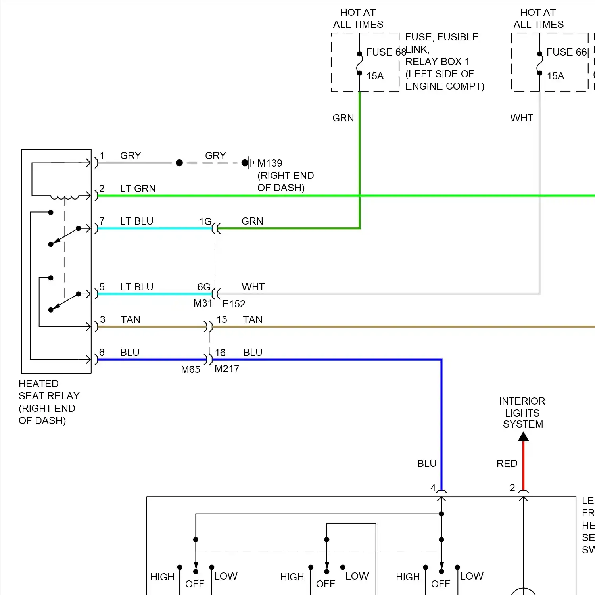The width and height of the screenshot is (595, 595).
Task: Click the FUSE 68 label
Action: coord(386,52)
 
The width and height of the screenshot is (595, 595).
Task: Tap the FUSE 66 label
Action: coord(566,52)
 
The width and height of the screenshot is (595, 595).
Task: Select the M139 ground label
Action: coord(270,163)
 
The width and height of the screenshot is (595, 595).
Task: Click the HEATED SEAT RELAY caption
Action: coord(49,402)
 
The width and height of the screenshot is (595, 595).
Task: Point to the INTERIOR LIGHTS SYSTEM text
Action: coord(522,413)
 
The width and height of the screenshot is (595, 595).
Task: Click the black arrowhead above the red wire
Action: coord(523,437)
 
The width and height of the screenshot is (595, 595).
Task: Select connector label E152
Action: coord(234,304)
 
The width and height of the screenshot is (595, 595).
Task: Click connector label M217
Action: coord(227,369)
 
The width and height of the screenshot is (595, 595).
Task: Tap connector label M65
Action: coord(190,369)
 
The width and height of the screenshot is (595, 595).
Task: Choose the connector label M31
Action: coord(203,303)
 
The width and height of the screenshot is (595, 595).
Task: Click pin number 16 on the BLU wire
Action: coord(220,353)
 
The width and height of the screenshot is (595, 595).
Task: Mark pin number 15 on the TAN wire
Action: coord(222,319)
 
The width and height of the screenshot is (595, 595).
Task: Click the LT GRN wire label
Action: coord(138,188)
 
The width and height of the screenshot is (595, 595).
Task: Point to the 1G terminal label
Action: coord(205,221)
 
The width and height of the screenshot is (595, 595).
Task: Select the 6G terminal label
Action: coord(204,287)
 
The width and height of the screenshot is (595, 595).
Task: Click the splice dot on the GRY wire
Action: coord(179,163)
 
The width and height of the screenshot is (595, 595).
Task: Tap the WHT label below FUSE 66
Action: coord(522,118)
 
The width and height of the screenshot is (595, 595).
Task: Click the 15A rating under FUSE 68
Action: coord(375,76)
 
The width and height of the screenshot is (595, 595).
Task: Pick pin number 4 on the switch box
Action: coord(433,488)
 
